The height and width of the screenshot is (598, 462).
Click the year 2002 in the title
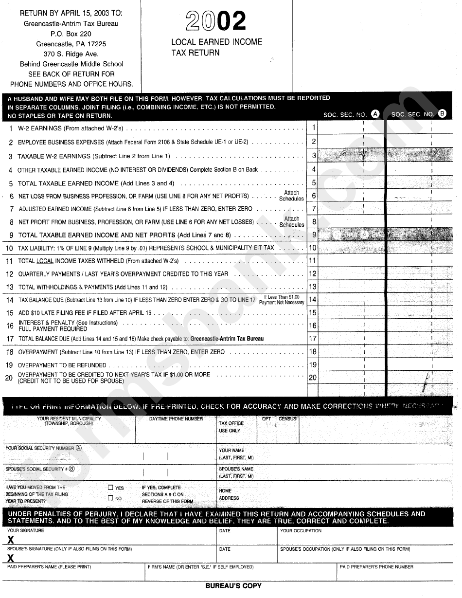click(216, 21)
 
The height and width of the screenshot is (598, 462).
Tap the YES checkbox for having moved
click(110, 488)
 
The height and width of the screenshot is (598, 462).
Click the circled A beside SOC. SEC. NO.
click(375, 114)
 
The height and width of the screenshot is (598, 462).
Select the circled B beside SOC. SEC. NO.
click(442, 114)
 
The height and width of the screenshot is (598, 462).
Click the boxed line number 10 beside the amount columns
click(313, 248)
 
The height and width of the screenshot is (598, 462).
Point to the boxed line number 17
click(313, 339)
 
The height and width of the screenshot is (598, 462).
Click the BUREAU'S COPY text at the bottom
click(233, 586)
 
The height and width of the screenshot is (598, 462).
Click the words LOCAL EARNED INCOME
click(216, 42)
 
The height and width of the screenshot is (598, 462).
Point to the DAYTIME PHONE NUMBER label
click(176, 419)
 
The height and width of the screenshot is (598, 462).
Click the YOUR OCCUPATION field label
click(301, 531)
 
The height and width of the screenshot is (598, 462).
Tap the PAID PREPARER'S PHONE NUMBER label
click(376, 567)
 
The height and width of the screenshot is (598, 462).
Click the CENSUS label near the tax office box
click(287, 418)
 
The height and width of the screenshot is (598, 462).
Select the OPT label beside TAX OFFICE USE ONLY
click(267, 418)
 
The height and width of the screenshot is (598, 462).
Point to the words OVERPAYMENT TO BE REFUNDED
click(62, 365)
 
